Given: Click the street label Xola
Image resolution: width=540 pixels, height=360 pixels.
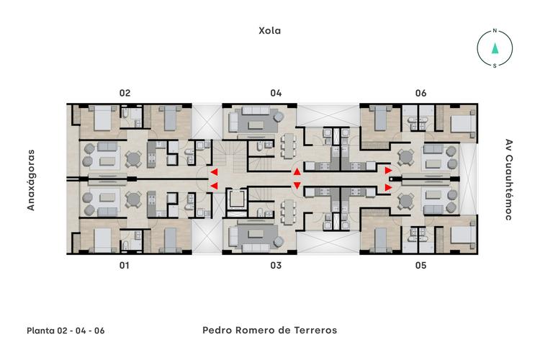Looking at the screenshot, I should [270, 31].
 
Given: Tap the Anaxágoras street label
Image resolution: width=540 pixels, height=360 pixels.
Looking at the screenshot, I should [31, 180].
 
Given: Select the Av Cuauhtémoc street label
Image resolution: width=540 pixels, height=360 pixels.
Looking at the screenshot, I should [508, 179].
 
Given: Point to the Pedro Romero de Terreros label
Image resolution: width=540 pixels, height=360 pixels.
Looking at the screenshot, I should [270, 330].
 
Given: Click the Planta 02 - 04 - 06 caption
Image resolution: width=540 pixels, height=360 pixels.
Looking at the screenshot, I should [66, 331].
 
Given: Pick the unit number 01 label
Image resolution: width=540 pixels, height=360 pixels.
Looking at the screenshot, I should [125, 266].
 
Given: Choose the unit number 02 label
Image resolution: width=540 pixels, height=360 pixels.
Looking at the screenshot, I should [125, 93].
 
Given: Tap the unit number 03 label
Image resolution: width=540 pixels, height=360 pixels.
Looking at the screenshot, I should [276, 266].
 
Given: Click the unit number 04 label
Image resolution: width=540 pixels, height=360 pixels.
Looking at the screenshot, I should [276, 93].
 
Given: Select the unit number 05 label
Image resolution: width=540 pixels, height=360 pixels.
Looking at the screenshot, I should [421, 266].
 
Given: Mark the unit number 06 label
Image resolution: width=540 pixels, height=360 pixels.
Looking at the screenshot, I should [421, 93].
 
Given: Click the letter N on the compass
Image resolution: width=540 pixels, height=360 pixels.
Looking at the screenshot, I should [495, 32].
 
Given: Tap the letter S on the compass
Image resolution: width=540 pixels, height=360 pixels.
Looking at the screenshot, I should [495, 66].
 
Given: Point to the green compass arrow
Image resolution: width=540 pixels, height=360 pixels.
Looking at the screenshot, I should [495, 49].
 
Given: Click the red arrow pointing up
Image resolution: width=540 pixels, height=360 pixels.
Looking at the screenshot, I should [297, 172].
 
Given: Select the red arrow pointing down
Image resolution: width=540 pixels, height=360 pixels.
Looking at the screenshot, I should [297, 186].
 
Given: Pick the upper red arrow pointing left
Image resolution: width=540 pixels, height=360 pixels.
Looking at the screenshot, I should [214, 172].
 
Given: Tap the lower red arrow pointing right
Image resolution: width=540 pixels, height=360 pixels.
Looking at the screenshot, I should [389, 187].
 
